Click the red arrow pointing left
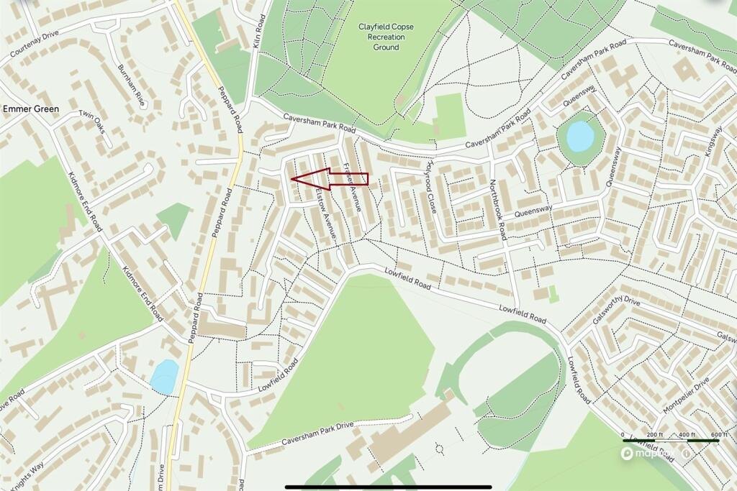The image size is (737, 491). pos(328,179)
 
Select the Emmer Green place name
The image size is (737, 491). pos(31,109)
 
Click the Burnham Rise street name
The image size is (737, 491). pos(132,86)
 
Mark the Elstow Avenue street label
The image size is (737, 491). pos(325,214)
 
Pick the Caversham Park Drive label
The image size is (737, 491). pos(318,433)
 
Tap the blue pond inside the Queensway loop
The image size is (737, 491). pos(580,136)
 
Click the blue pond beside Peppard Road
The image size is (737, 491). pos(165,376)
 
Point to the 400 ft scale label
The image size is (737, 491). pos(687,436)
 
